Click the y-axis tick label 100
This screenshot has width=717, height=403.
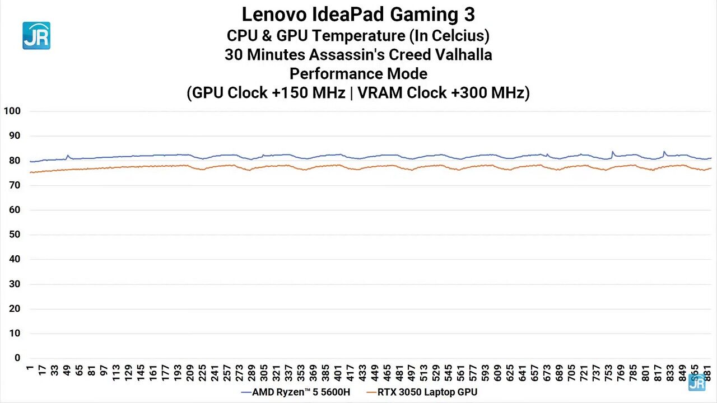click(12, 111)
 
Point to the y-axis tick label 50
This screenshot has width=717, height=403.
click(14, 235)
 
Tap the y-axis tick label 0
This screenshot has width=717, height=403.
click(17, 358)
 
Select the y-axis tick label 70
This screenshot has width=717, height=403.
click(14, 185)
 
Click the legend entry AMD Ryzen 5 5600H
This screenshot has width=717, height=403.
click(301, 392)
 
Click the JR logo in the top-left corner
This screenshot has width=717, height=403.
click(36, 36)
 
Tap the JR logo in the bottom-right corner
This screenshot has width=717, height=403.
click(697, 382)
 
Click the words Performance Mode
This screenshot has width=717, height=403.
click(358, 73)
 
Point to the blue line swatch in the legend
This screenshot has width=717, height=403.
click(245, 392)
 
